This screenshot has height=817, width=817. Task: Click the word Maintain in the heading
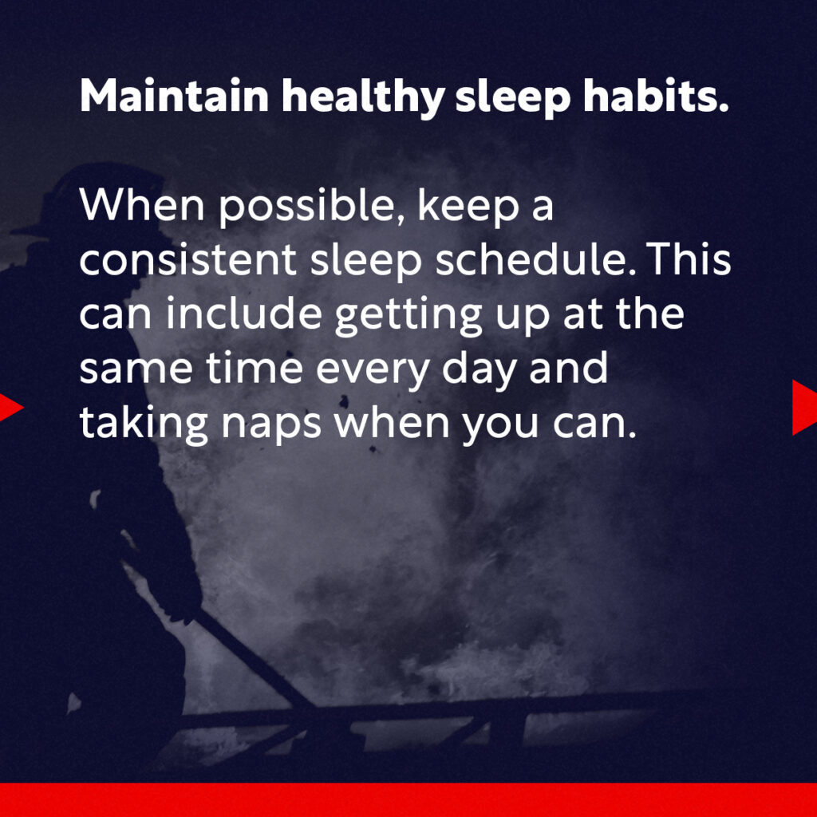click(175, 95)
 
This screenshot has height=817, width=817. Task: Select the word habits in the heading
click(656, 95)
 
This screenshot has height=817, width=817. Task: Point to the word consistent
click(188, 260)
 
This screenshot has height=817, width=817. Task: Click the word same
click(136, 369)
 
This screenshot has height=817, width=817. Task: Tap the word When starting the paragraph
click(142, 204)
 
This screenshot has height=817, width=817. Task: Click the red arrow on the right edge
click(804, 407)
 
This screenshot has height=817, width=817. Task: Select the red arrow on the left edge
click(10, 408)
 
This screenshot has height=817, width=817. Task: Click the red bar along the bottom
click(408, 799)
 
